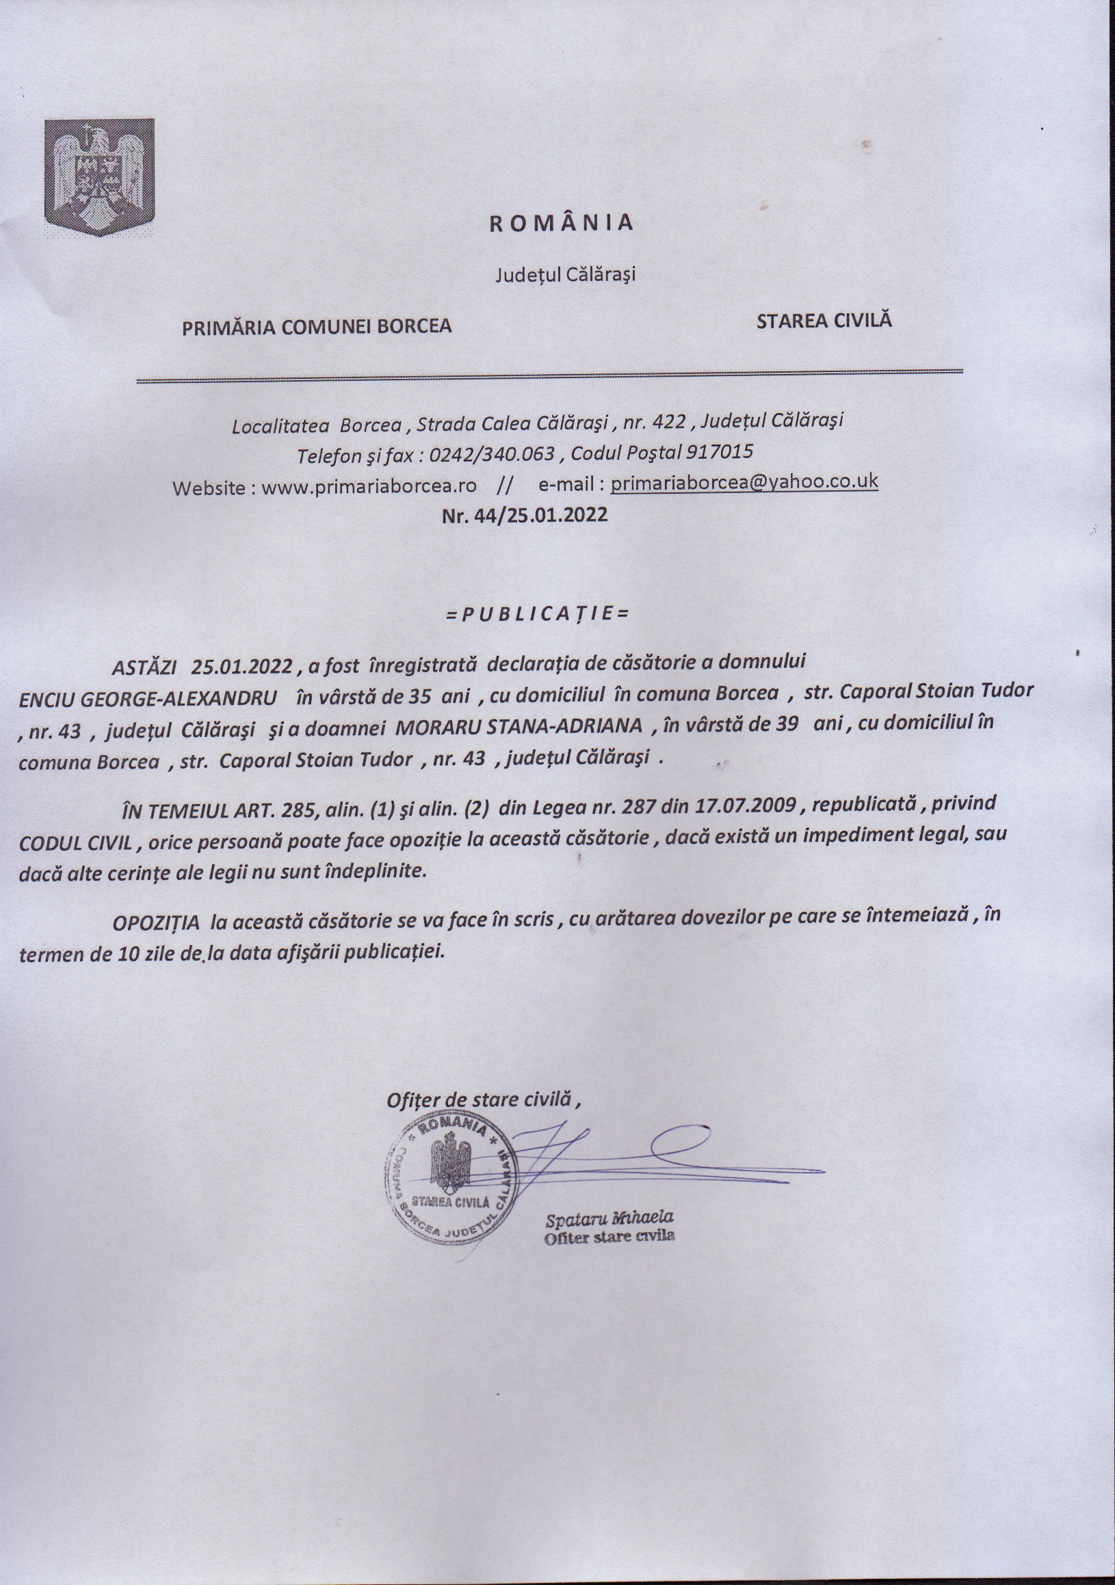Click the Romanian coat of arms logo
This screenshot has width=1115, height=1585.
99,178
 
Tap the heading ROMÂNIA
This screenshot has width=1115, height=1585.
562,222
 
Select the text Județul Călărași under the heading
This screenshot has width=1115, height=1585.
565,275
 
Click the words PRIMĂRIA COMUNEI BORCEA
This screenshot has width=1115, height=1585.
316,326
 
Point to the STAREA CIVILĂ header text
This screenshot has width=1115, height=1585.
824,320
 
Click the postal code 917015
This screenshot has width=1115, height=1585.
719,452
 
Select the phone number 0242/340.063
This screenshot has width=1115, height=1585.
493,454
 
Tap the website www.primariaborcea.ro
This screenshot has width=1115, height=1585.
369,486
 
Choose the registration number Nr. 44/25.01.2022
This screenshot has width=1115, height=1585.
525,515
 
